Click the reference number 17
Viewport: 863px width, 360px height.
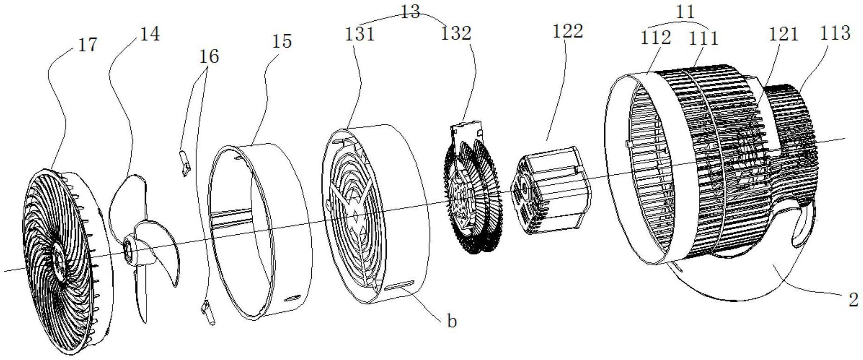pyautogui.click(x=88, y=45)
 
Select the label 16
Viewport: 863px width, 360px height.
pyautogui.click(x=208, y=56)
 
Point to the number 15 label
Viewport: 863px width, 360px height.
pyautogui.click(x=282, y=41)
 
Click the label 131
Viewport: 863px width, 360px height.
pyautogui.click(x=359, y=34)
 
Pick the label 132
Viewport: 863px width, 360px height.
pyautogui.click(x=456, y=33)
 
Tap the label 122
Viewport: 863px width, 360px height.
pyautogui.click(x=568, y=31)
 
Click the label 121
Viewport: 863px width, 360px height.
pyautogui.click(x=784, y=34)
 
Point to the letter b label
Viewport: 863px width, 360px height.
pyautogui.click(x=452, y=321)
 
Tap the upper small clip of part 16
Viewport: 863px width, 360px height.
pyautogui.click(x=185, y=162)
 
